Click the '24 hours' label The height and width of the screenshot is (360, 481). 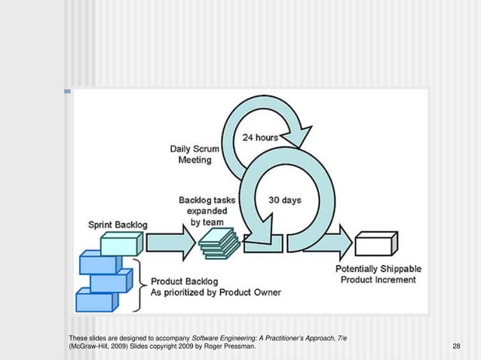pos(260,138)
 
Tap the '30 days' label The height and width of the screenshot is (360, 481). pos(285,200)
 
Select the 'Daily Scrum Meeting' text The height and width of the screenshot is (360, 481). pos(195,154)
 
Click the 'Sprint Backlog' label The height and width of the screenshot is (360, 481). pos(118,225)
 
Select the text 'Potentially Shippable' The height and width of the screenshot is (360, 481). pos(378,269)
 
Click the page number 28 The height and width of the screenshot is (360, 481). pos(455,346)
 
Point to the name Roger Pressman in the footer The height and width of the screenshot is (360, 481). pos(233,346)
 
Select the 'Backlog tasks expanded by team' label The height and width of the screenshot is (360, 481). pos(207,212)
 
